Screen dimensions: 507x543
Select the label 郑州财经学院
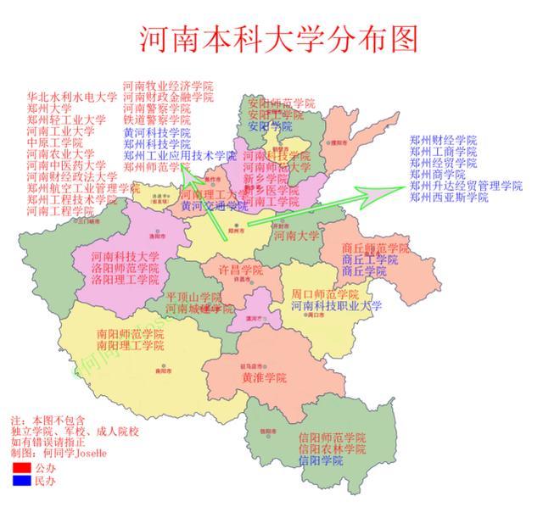443,139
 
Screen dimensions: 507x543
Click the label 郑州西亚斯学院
449,198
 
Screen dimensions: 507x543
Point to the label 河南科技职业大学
337,305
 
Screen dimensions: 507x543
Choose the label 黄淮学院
264,377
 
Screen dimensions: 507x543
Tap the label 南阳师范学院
131,334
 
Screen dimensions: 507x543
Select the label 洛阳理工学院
125,279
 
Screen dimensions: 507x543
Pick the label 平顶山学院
194,298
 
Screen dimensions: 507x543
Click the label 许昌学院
241,269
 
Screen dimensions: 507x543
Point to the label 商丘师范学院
375,248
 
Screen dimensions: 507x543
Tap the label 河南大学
297,236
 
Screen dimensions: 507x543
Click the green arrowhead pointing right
373,193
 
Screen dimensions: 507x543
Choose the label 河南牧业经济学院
168,86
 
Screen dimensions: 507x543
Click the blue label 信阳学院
322,460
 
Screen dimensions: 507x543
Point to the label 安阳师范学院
282,103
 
